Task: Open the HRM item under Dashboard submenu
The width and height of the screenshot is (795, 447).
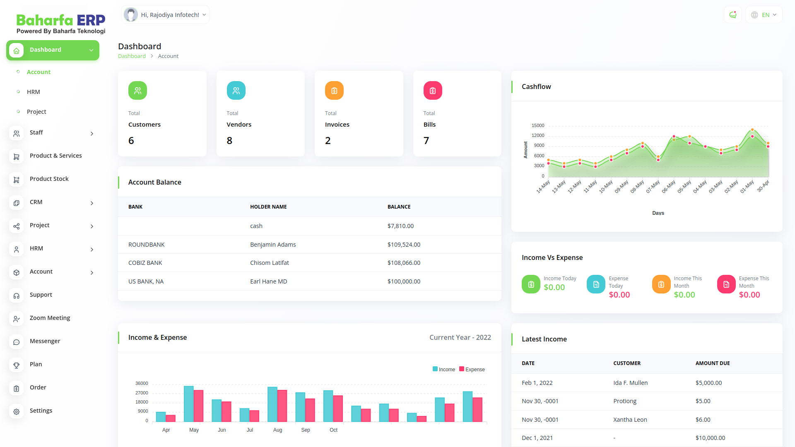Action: tap(34, 92)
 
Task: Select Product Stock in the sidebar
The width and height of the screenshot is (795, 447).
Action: tap(49, 179)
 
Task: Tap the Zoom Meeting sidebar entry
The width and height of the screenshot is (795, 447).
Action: tap(50, 318)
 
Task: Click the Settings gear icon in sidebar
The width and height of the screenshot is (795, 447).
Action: tap(17, 411)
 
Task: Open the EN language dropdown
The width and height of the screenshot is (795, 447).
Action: tap(764, 15)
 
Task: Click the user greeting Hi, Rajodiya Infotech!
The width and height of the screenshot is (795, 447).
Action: tap(166, 15)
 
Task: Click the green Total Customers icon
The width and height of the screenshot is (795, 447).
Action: tap(137, 91)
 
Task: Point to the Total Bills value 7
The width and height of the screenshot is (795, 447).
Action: tap(426, 141)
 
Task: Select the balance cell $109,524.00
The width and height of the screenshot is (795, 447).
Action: tap(404, 245)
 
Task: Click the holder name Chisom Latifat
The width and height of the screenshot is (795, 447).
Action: tap(269, 263)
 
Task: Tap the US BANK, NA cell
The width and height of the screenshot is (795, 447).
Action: tap(146, 281)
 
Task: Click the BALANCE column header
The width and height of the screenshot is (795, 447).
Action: tap(399, 207)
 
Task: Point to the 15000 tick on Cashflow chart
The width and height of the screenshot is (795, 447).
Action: tap(538, 125)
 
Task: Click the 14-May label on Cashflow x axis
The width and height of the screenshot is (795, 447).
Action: tap(543, 186)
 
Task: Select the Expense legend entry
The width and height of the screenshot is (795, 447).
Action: tap(472, 370)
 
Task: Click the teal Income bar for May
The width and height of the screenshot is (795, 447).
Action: tap(188, 404)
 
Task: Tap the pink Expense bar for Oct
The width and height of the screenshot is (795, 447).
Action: tap(338, 409)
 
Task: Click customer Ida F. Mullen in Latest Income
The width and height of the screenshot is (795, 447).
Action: tap(630, 383)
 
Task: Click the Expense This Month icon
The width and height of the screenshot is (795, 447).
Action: tap(726, 284)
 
